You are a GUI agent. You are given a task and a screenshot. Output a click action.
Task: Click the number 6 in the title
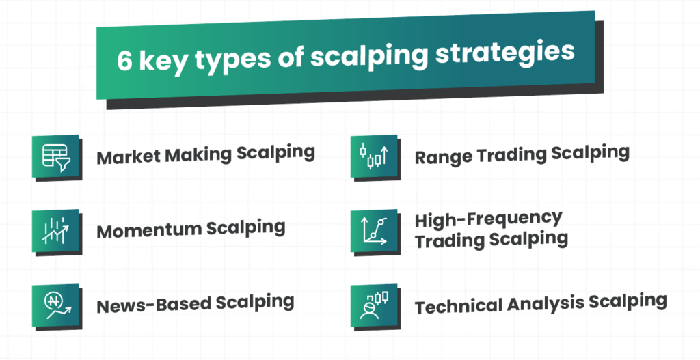tap(124, 61)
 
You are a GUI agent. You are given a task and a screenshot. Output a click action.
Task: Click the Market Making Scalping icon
tap(55, 156)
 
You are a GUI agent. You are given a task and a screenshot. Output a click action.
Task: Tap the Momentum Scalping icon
tap(55, 231)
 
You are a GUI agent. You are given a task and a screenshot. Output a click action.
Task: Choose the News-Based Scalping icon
tap(55, 305)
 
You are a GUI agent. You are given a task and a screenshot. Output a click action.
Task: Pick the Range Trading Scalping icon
tap(374, 156)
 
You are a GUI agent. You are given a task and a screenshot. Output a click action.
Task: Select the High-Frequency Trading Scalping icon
tap(374, 231)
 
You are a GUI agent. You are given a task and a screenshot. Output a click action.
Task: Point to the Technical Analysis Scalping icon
tap(374, 305)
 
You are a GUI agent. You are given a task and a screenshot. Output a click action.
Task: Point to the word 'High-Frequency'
tap(488, 219)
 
